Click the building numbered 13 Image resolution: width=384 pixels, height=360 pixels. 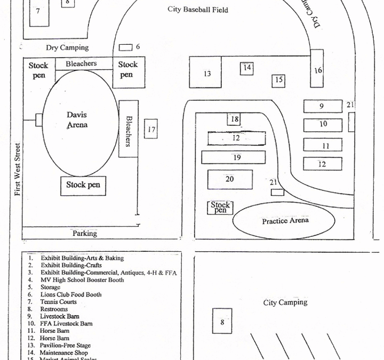tap(206, 74)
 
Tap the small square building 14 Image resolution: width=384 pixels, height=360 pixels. tap(246, 68)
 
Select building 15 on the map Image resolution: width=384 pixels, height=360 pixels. tap(278, 81)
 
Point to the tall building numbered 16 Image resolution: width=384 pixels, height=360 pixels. tap(317, 69)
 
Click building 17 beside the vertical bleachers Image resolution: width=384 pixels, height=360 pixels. tap(151, 129)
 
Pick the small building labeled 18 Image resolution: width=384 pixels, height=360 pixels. tap(234, 119)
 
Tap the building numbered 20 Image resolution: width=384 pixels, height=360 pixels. tap(229, 179)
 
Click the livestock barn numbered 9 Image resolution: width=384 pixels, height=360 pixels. tap(322, 106)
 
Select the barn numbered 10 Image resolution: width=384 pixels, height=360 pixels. tap(322, 125)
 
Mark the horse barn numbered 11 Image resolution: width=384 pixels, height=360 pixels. tap(322, 145)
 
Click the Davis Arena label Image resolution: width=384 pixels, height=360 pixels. tap(77, 120)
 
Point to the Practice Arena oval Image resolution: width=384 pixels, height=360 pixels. tap(284, 221)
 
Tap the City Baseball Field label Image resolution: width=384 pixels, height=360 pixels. tap(198, 10)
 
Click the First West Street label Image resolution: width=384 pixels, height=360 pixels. tap(18, 169)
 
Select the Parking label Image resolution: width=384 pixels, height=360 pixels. tap(85, 233)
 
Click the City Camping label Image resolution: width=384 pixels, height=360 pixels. tap(285, 302)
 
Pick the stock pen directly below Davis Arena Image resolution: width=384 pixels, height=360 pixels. tap(83, 185)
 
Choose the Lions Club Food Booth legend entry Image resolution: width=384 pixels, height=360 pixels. tap(71, 294)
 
